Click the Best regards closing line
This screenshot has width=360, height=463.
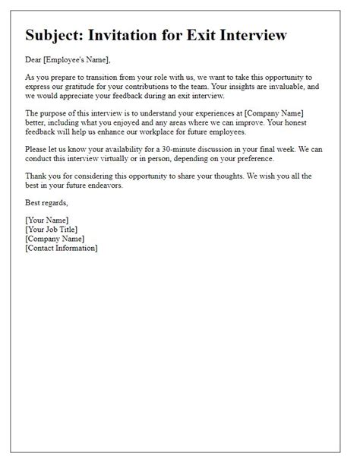click(46, 203)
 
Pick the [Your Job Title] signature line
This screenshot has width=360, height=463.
click(52, 229)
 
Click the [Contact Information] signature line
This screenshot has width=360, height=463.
click(62, 248)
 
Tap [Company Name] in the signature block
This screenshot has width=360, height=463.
click(55, 238)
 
